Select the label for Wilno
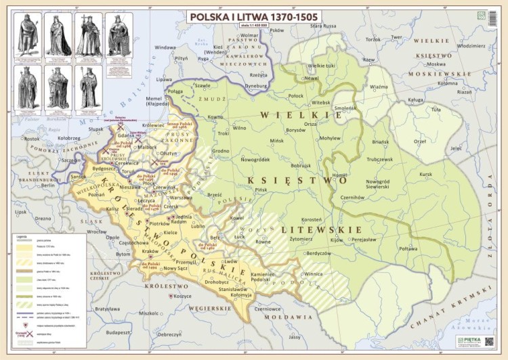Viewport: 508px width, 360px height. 239,127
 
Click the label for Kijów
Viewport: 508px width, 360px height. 337,240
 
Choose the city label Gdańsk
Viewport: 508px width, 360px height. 125,135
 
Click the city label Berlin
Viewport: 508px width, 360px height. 47,185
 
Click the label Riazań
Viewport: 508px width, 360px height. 464,91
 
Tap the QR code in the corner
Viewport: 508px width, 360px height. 490,15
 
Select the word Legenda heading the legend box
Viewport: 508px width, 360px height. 22,236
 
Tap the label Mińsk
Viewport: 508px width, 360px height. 276,141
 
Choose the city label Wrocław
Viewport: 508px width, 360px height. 97,231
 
